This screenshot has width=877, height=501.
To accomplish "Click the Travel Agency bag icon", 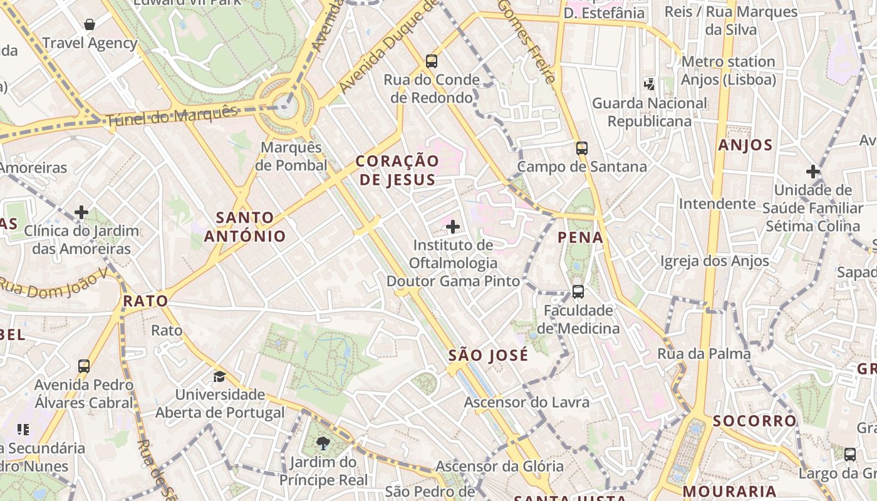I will [90, 25].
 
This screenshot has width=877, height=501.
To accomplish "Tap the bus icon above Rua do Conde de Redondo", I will [432, 61].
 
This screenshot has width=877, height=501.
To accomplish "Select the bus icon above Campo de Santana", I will [582, 148].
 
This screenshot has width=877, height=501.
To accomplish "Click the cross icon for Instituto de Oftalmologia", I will [453, 226].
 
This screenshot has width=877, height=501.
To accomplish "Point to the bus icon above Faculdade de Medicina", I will [578, 292].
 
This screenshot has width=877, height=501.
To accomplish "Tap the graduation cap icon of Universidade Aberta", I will [219, 376].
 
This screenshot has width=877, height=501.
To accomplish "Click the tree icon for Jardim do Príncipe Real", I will [323, 444].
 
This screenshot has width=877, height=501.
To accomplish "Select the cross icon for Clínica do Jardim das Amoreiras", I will [81, 212].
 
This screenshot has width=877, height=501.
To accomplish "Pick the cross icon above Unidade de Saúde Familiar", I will [813, 172].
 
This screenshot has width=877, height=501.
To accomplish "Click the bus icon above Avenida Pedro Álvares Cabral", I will [84, 366].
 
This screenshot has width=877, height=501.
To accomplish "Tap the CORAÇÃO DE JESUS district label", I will [397, 170].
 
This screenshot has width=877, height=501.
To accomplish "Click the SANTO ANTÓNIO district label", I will [244, 227].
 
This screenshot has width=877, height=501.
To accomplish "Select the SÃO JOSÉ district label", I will [489, 356].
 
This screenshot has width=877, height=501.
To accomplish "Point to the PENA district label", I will [580, 237].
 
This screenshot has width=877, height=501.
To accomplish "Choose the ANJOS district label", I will [745, 145].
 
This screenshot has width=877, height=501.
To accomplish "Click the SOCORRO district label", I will [755, 421].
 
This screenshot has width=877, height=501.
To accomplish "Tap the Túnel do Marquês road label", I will [172, 116].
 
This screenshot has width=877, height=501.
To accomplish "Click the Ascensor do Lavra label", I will [527, 402].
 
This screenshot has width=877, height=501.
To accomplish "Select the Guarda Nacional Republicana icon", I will [649, 83].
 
